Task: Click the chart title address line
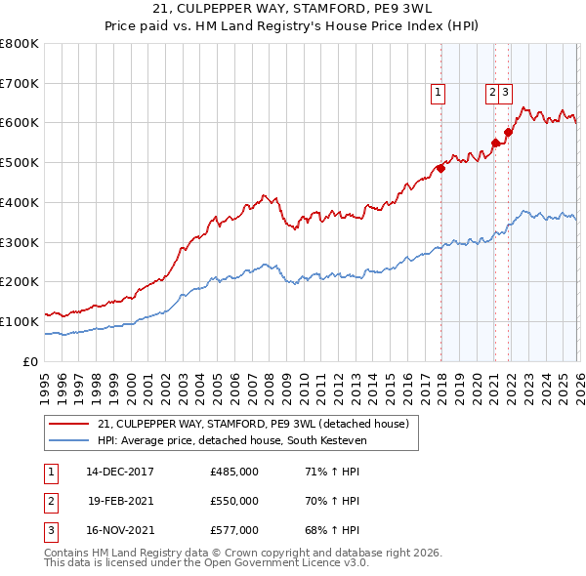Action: pos(292,11)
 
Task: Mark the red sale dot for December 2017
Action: pos(440,168)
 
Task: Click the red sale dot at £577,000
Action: pos(508,132)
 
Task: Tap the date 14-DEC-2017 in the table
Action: pos(119,472)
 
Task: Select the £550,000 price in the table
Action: pos(234,501)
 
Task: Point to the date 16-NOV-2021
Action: pos(119,530)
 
